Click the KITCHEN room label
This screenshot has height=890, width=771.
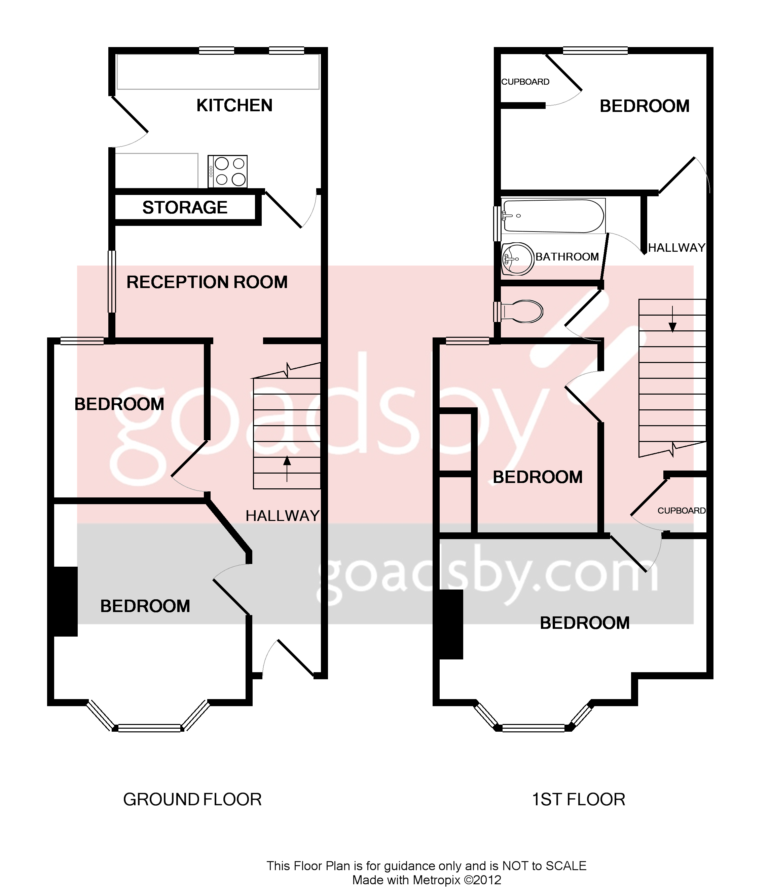coord(234,105)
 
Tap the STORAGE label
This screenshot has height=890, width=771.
coord(185,208)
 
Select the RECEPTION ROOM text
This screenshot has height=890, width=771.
coord(207,282)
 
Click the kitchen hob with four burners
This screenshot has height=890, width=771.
coord(228,171)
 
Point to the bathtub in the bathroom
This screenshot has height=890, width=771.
coord(553,216)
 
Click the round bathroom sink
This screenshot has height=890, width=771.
coord(518,259)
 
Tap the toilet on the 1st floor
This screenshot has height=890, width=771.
coord(521,311)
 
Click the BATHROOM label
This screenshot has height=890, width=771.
coord(567,257)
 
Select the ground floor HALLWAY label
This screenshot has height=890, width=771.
coord(282,516)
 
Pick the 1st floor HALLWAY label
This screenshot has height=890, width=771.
coord(676,248)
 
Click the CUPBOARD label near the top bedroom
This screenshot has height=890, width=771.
coord(525,82)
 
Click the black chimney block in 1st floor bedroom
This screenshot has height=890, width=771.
coord(450,624)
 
